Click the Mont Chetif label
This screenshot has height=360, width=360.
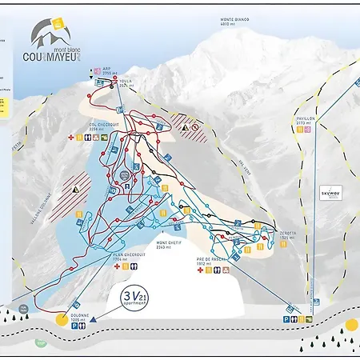(170, 244)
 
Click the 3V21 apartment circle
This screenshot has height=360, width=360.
(134, 298)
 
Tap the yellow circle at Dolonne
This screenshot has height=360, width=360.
(62, 319)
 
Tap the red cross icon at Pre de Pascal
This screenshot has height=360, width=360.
(199, 270)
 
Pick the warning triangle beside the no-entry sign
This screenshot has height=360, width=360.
(185, 127)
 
